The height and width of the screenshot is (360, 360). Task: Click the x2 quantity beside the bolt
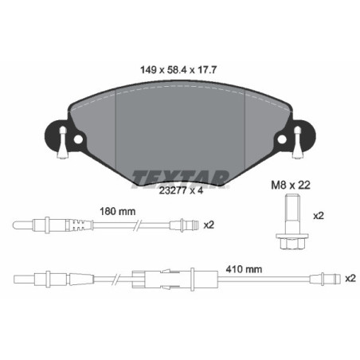coord(317,216)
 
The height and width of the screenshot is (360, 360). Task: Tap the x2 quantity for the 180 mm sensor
coord(209,225)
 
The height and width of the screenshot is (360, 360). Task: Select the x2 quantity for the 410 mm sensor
coord(349,279)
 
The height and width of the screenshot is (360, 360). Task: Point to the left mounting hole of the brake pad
coord(77,140)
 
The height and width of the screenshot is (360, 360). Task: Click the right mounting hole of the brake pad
coord(281,140)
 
